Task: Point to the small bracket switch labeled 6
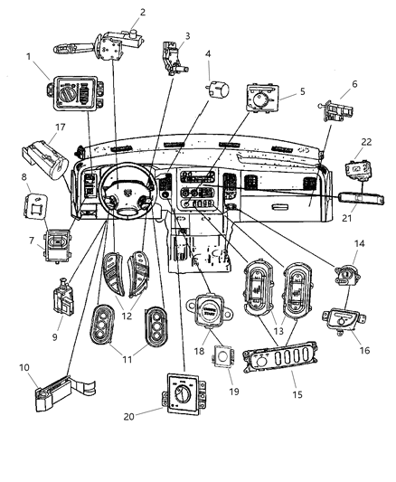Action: click(336, 113)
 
